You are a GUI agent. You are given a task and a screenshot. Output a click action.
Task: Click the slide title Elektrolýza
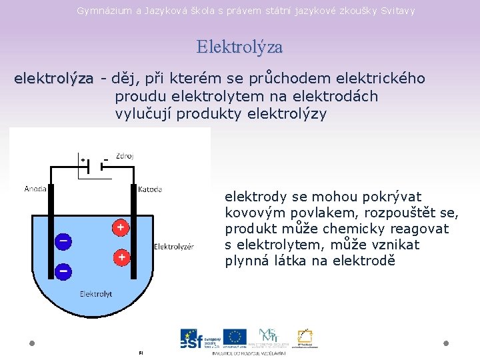click(239, 47)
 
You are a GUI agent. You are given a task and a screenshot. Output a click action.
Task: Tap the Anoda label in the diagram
click(35, 189)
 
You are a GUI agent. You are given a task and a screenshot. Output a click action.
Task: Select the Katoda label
click(150, 189)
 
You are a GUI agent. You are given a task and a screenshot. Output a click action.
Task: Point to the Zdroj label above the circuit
click(124, 156)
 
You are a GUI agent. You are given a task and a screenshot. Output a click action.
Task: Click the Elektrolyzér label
click(174, 247)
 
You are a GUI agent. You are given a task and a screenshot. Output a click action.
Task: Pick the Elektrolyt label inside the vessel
click(96, 293)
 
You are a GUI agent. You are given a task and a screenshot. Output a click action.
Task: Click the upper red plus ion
click(121, 228)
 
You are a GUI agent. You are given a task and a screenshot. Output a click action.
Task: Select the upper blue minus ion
click(63, 241)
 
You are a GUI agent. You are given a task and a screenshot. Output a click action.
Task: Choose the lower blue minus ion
click(63, 271)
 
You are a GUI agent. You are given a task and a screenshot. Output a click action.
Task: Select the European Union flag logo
click(234, 337)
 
